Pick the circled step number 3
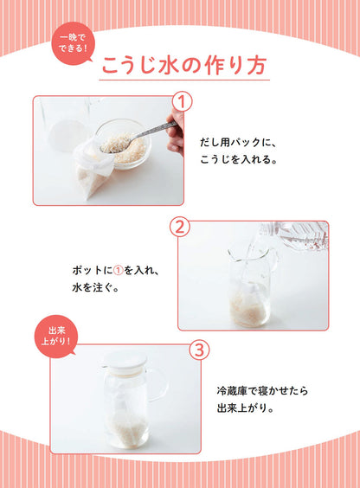point(198,351)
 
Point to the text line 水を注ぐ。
point(98,288)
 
